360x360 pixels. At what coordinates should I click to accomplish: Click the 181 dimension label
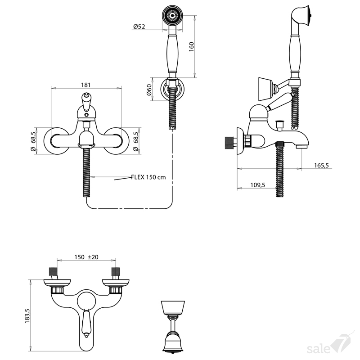pyautogui.click(x=86, y=85)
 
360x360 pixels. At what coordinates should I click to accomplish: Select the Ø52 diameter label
pyautogui.click(x=139, y=27)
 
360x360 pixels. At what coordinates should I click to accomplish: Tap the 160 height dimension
pyautogui.click(x=192, y=47)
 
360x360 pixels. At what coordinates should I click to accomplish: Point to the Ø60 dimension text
pyautogui.click(x=149, y=90)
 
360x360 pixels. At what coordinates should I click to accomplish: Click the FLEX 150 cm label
pyautogui.click(x=148, y=177)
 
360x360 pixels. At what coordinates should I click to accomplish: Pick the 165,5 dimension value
pyautogui.click(x=321, y=165)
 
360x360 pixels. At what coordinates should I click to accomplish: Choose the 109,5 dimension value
pyautogui.click(x=257, y=185)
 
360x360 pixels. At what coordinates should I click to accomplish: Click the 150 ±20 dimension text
pyautogui.click(x=86, y=257)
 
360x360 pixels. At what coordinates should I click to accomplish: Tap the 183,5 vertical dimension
pyautogui.click(x=27, y=316)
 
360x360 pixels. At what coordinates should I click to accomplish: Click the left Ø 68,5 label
pyautogui.click(x=33, y=141)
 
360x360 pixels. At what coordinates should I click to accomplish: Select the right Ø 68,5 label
pyautogui.click(x=136, y=141)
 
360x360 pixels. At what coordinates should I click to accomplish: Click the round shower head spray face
pyautogui.click(x=173, y=15)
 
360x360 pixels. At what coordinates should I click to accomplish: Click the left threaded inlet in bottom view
pyautogui.click(x=53, y=272)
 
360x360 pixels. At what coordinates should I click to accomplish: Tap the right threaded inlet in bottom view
pyautogui.click(x=115, y=272)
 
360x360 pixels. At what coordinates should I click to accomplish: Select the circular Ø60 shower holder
pyautogui.click(x=173, y=90)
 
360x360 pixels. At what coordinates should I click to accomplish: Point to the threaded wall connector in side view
pyautogui.click(x=229, y=143)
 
